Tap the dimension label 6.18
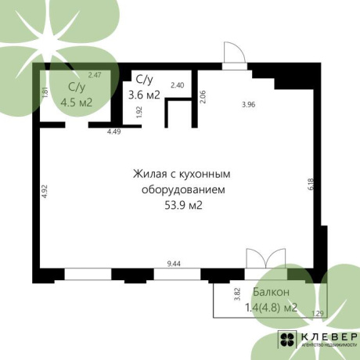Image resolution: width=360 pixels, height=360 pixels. click(311, 185)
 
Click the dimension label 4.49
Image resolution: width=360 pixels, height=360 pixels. click(114, 131)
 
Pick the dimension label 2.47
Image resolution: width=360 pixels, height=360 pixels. click(95, 75)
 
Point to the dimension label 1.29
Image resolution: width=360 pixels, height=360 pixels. click(318, 314)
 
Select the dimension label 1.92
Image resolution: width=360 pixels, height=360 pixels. click(140, 110)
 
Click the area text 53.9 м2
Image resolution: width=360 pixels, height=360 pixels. click(184, 206)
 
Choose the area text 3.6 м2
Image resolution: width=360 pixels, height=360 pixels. click(144, 95)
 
